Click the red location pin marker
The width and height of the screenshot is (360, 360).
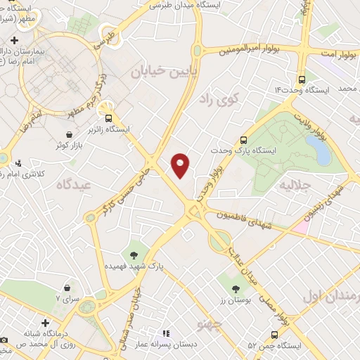point(181,164)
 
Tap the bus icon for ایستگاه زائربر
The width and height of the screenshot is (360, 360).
point(109,118)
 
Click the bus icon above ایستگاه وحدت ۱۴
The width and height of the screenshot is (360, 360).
point(302,79)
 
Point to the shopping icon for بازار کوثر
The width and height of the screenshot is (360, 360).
point(69,134)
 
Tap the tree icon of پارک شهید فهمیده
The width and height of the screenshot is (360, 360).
point(134,254)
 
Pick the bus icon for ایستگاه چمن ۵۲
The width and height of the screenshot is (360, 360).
point(274,335)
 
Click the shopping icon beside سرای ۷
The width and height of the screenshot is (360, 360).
point(67,288)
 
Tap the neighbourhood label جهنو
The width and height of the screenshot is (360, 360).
point(210,324)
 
